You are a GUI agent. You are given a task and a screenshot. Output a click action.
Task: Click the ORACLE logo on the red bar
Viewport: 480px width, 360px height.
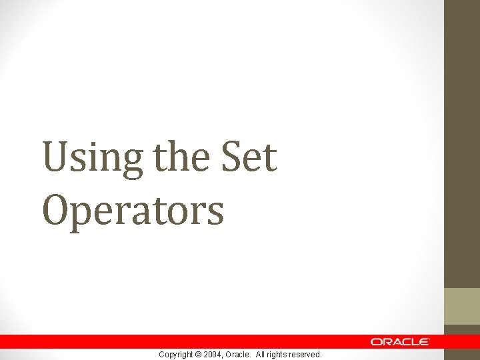coord(400,341)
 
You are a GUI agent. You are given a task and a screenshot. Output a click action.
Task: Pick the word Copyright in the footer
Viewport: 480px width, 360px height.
coord(176,355)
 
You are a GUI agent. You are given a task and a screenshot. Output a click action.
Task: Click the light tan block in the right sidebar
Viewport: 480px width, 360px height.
coord(462,306)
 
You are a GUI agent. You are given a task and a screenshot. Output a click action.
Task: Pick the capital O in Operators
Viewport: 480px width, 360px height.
coord(57,209)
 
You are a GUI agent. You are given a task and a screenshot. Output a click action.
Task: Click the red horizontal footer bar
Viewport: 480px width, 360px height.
coord(200,341)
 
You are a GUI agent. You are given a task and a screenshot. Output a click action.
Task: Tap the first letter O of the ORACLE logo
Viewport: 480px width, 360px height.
coord(377,341)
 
